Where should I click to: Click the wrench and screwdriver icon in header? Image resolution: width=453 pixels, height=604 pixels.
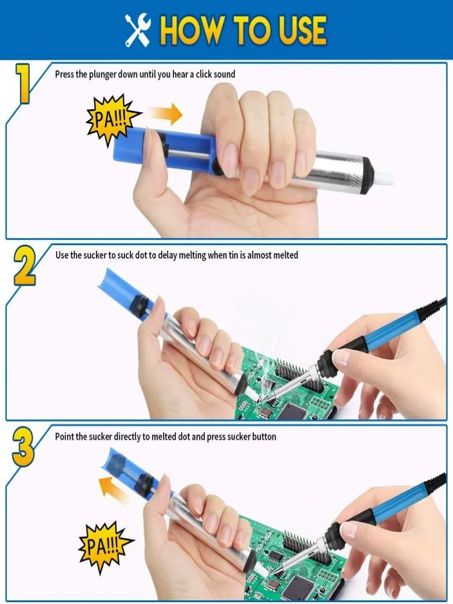tap(137, 31)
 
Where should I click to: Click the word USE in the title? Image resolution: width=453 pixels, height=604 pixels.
tap(295, 30)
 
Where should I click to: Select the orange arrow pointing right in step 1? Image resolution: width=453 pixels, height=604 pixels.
tap(165, 113)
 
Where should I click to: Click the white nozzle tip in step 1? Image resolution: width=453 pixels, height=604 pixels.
tap(384, 177)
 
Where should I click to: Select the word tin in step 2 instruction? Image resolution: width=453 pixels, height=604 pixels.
tap(231, 255)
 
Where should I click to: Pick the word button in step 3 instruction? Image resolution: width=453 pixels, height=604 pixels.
tap(262, 436)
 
